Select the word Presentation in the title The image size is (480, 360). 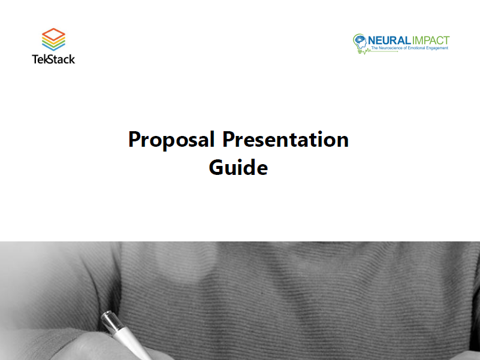click(x=285, y=140)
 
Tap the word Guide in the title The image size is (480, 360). click(x=238, y=167)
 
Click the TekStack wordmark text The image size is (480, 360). click(x=53, y=59)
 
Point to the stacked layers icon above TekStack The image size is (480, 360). click(x=53, y=40)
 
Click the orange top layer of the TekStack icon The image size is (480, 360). click(x=53, y=34)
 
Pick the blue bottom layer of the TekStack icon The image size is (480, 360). click(x=53, y=47)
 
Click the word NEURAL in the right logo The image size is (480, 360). click(x=389, y=40)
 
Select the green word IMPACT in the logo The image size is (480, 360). click(x=431, y=40)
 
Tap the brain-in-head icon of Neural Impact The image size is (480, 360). click(x=360, y=42)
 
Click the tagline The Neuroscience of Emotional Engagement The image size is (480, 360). click(x=410, y=48)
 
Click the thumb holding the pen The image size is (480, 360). click(x=89, y=346)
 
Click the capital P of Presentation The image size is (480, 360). click(x=229, y=140)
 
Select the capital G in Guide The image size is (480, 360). click(x=216, y=167)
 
